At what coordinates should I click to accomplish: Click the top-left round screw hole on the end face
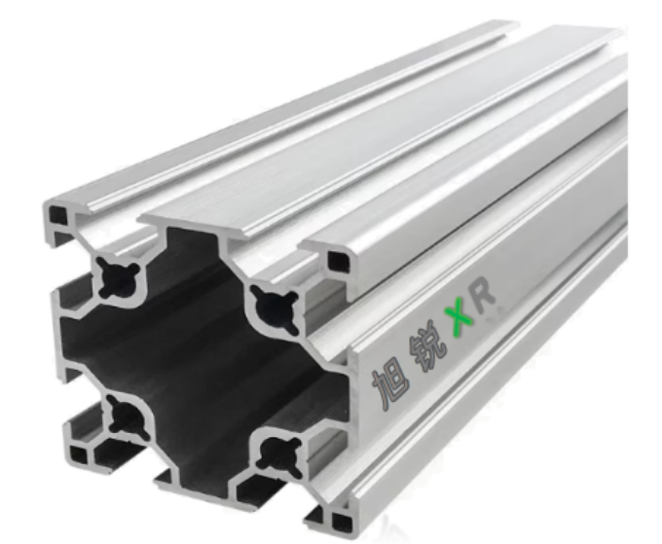118,276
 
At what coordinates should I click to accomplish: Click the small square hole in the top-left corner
57,215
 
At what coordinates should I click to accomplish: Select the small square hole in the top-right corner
339,261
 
